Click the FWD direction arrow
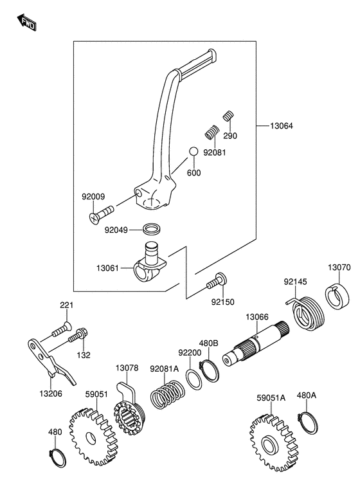pos(26,22)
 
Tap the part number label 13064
pos(281,126)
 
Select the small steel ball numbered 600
pos(193,151)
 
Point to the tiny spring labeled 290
pos(228,116)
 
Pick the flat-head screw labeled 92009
pos(102,214)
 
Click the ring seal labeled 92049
pos(152,229)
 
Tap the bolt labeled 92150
pos(217,281)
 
